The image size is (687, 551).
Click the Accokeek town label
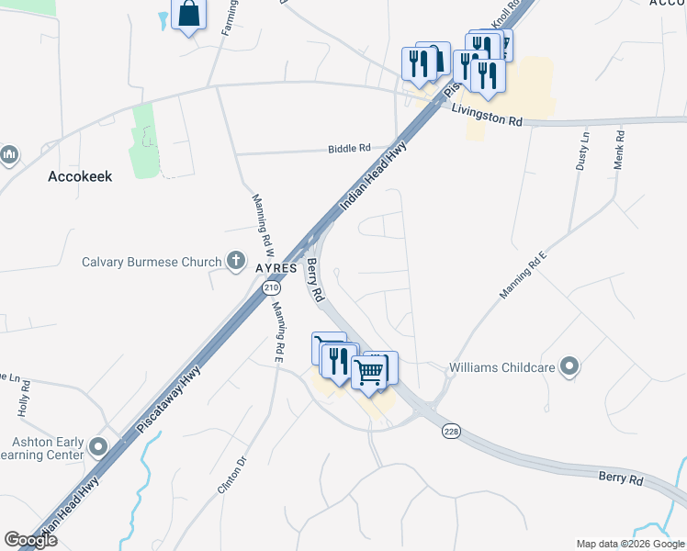tap(80, 176)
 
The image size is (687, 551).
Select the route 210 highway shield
tap(270, 288)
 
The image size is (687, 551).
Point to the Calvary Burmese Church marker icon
tap(236, 261)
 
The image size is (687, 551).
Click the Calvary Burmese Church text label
tap(152, 262)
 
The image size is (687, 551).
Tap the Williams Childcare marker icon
tap(570, 368)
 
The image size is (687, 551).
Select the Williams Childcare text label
tap(501, 369)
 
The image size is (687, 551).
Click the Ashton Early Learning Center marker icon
tap(98, 447)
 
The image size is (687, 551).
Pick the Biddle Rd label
tap(351, 148)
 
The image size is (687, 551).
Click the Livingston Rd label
tap(487, 115)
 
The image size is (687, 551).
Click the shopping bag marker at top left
tap(188, 15)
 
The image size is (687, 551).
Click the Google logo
tap(29, 540)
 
